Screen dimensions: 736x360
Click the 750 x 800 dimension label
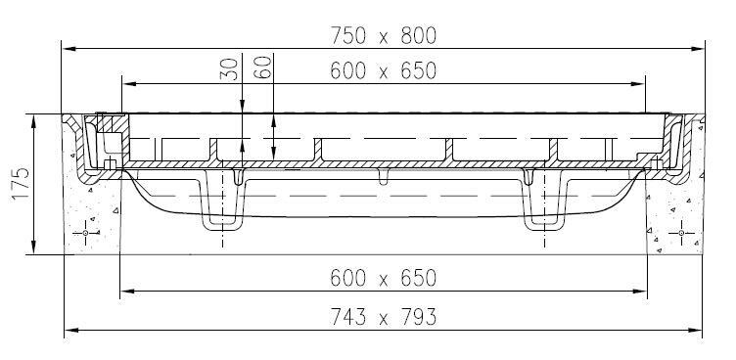pos(384,35)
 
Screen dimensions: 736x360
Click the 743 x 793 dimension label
pos(384,317)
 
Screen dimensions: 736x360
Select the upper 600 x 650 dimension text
pos(384,70)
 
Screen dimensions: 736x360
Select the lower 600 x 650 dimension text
pos(384,278)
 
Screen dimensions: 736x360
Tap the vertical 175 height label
pos(22,184)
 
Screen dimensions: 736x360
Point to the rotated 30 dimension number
pos(230,68)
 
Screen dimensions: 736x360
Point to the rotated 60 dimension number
pos(263,67)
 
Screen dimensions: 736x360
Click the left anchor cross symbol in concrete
pos(86,233)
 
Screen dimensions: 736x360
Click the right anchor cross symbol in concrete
pos(681,233)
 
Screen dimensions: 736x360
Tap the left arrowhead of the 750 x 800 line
pos(69,48)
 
